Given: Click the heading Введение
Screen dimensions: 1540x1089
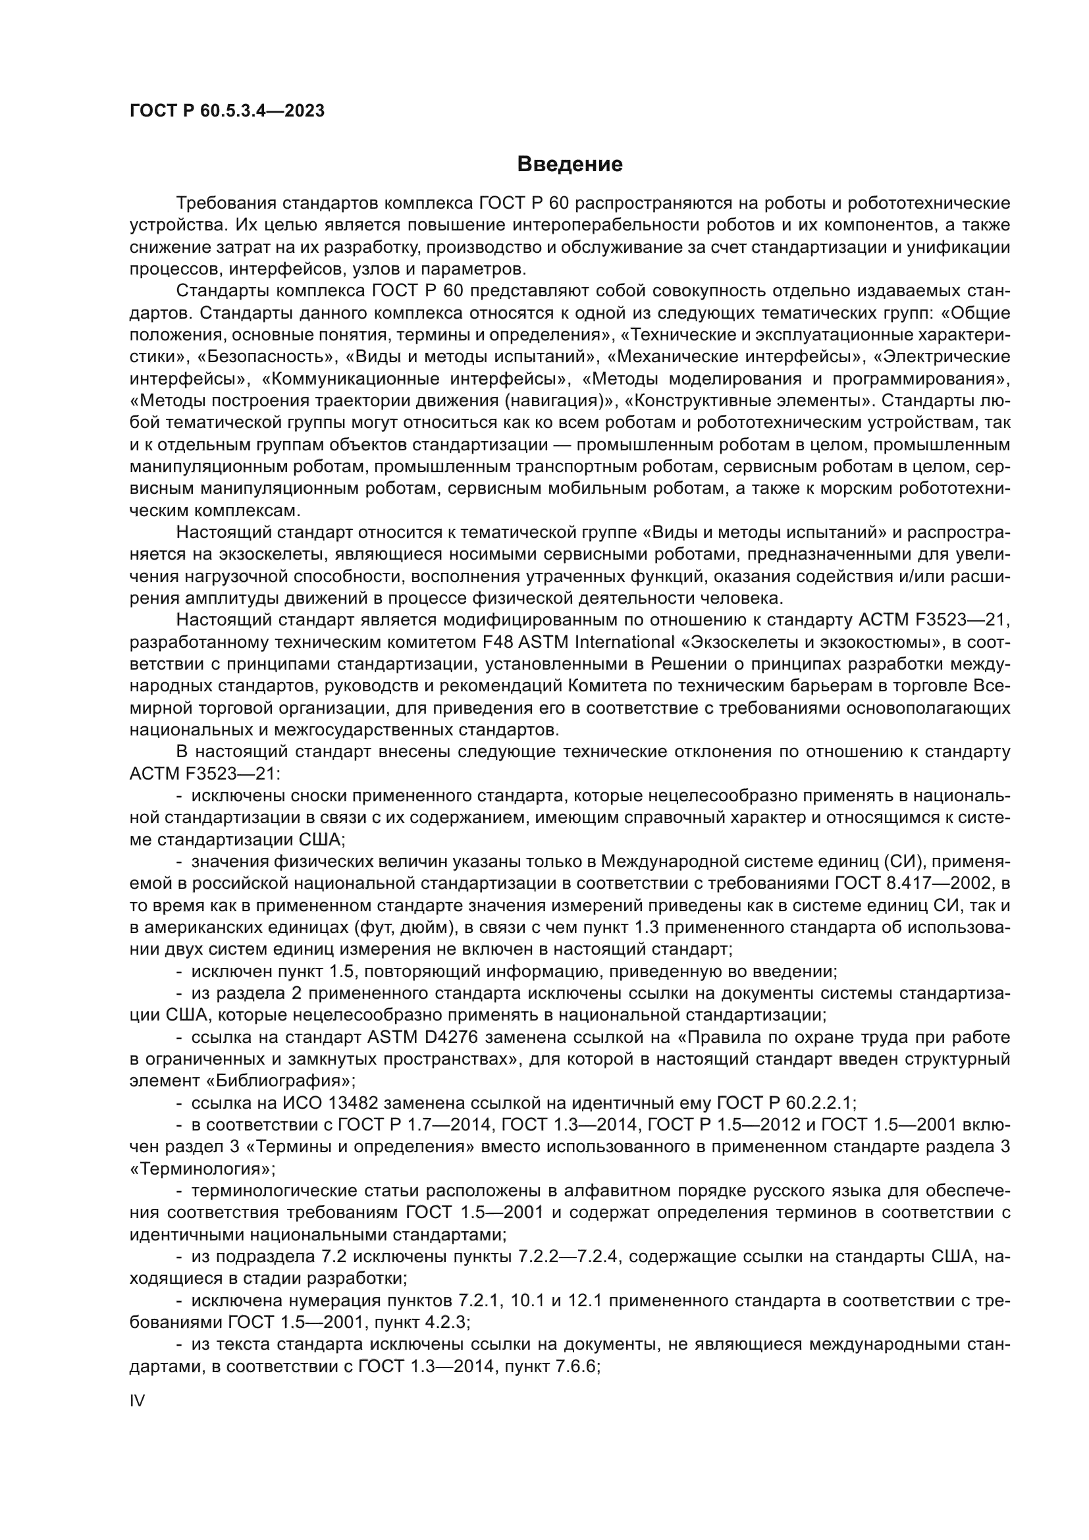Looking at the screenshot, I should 570,165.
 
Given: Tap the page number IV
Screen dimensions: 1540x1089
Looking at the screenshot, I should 137,1400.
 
